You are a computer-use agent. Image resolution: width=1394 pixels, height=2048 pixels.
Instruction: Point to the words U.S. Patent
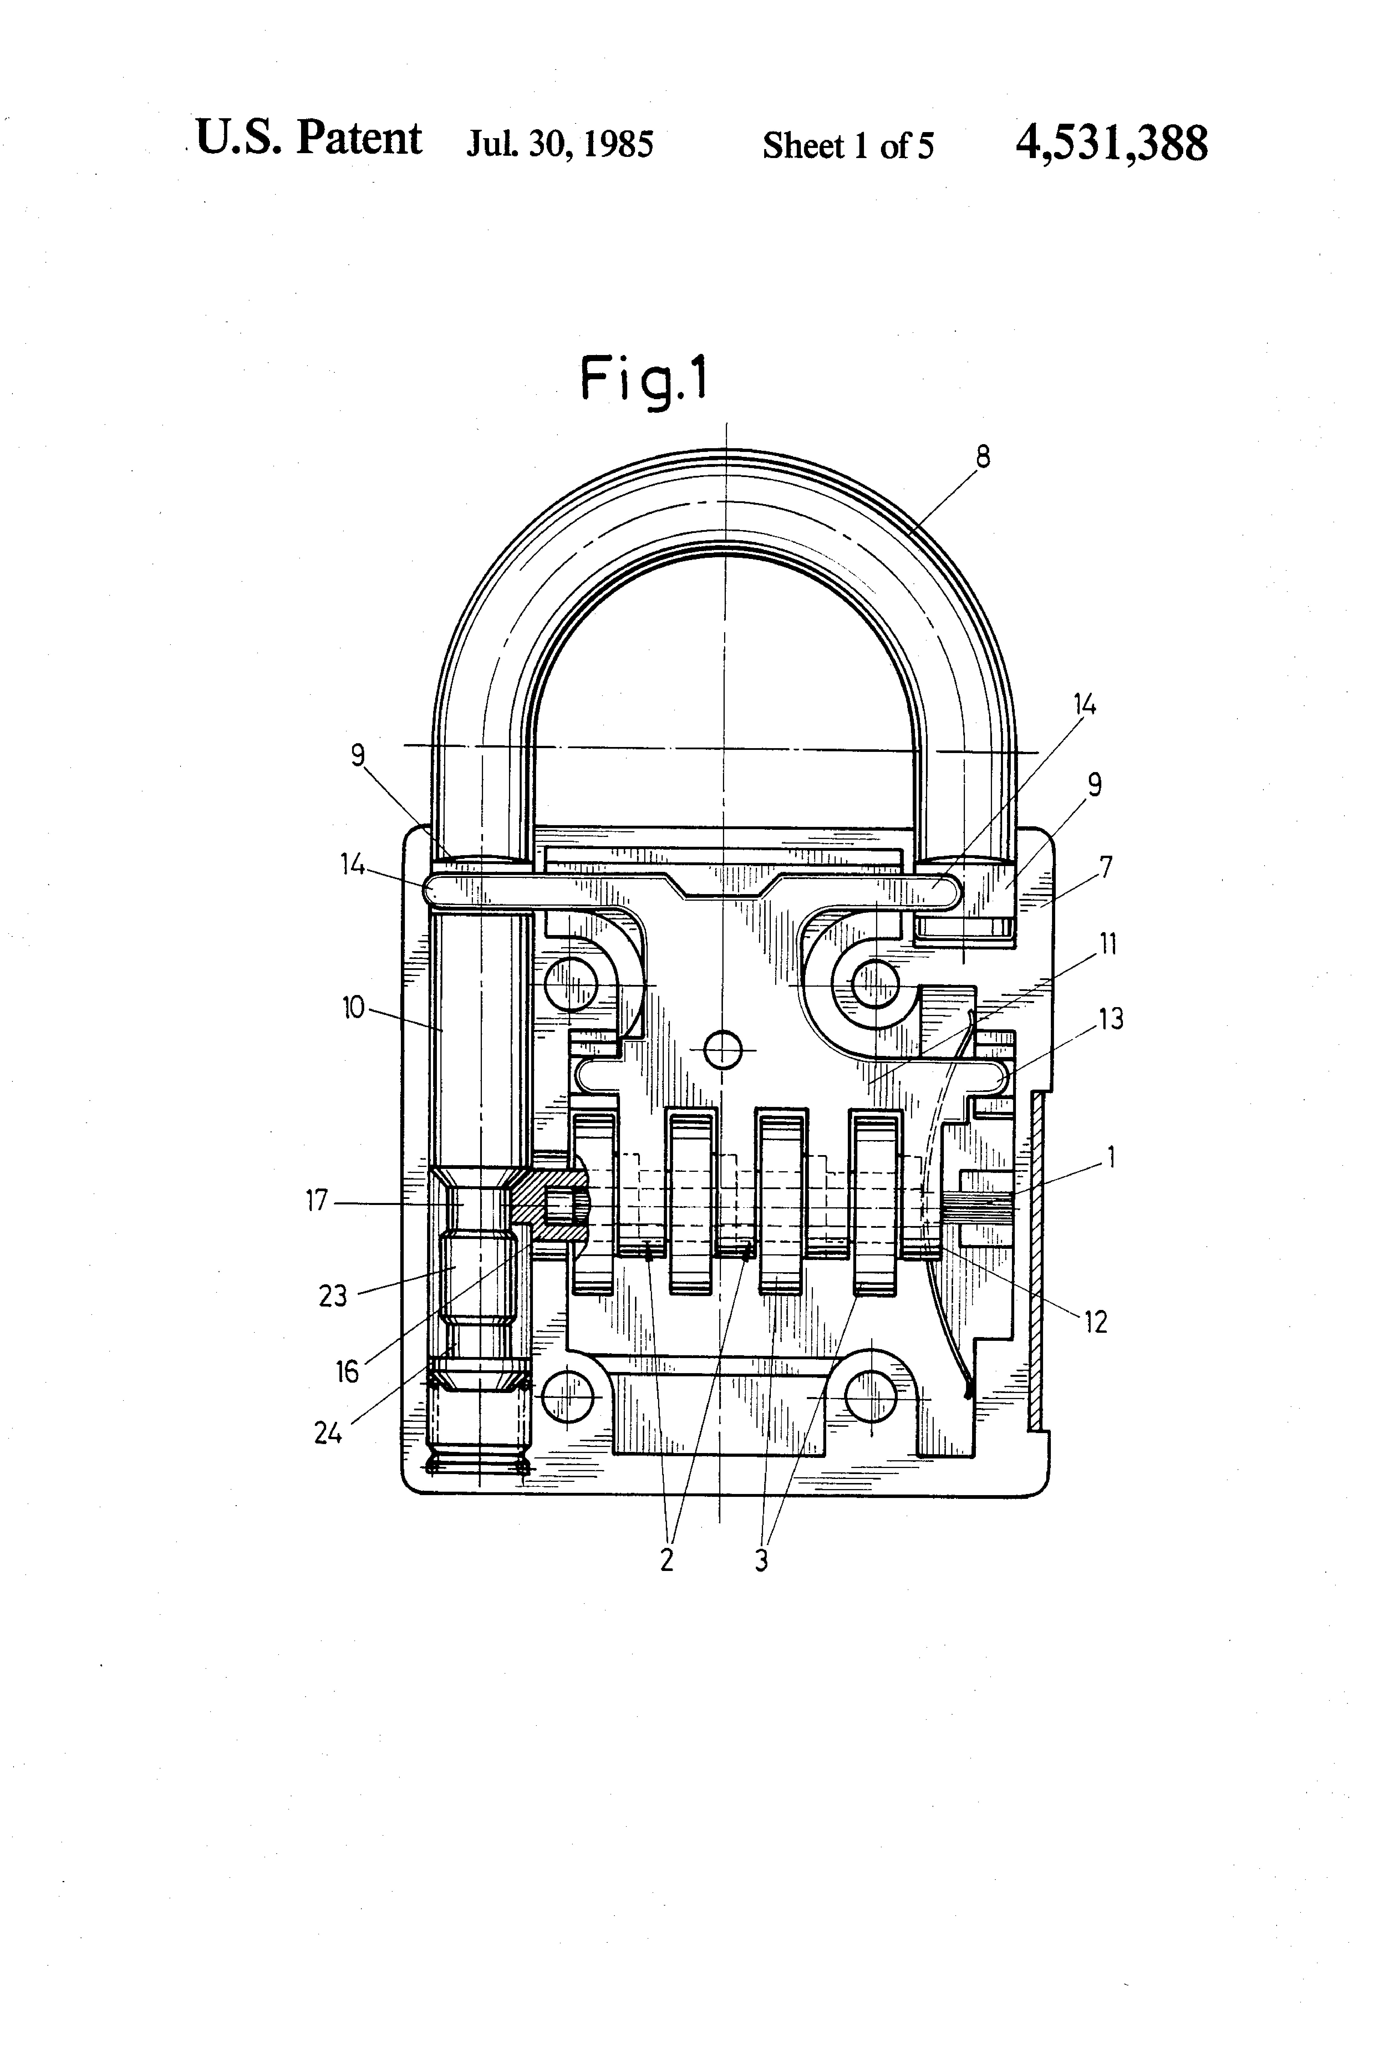pos(308,138)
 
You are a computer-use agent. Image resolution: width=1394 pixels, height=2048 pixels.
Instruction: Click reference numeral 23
pos(333,1296)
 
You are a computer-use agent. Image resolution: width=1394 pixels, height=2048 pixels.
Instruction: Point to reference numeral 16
pos(347,1371)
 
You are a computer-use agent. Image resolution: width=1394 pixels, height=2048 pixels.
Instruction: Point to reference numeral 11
pos(1108,945)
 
